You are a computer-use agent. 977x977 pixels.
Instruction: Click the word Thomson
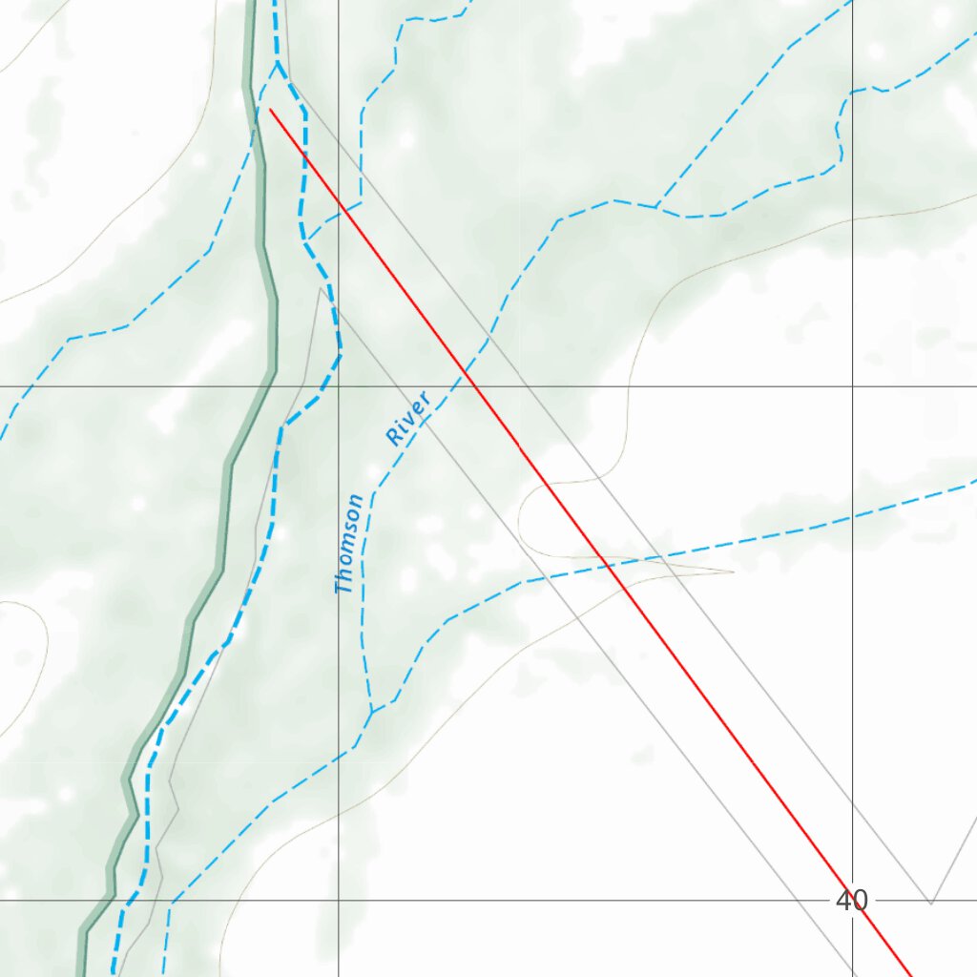click(349, 544)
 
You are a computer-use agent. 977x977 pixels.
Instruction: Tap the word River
click(408, 418)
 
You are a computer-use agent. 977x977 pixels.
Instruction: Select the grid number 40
click(851, 900)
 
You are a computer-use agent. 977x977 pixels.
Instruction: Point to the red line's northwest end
click(271, 110)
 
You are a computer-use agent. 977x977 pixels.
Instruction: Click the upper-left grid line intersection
click(339, 386)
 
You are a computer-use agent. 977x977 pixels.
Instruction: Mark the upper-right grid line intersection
click(852, 386)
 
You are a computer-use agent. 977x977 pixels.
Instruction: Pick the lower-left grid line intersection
click(339, 900)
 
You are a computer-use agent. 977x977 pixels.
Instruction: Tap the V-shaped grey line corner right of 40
click(930, 903)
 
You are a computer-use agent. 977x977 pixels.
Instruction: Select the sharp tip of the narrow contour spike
click(732, 572)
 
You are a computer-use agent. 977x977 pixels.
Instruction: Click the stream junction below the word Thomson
click(371, 711)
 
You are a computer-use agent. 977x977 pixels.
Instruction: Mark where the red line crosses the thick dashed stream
click(304, 153)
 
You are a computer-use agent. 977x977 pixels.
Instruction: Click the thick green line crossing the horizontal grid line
click(268, 386)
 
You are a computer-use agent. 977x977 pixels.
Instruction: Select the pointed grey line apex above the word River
click(320, 287)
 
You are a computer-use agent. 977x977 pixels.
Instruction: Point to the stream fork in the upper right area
click(656, 207)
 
